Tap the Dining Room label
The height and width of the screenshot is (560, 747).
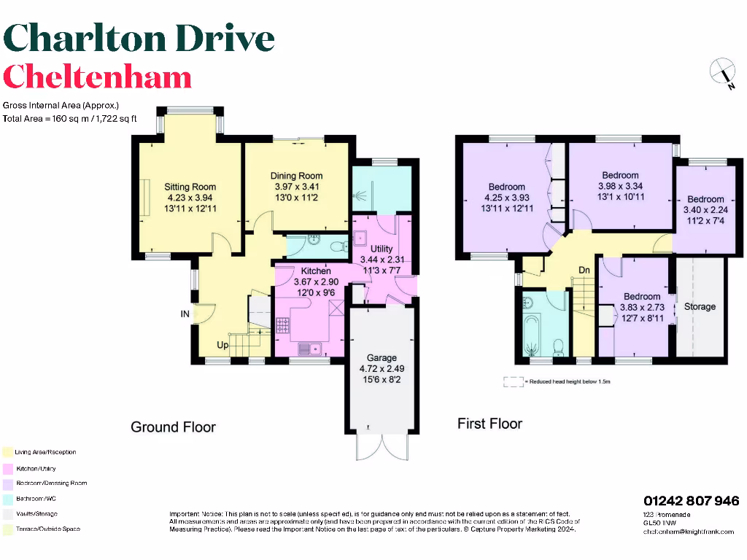296,176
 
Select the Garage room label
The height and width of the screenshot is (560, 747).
382,357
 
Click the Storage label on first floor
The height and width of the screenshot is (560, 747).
700,306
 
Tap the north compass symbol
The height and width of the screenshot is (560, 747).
721,73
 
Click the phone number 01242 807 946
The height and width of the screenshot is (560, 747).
691,501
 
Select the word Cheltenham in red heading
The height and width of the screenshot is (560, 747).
97,77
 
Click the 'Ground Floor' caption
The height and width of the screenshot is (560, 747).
173,427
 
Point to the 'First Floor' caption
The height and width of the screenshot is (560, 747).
489,423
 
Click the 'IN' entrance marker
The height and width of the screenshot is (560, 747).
185,314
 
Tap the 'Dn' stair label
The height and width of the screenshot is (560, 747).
584,271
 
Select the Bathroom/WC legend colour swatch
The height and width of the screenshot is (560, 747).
7,498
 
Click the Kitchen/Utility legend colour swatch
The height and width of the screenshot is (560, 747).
7,468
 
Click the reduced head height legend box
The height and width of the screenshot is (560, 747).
514,381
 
